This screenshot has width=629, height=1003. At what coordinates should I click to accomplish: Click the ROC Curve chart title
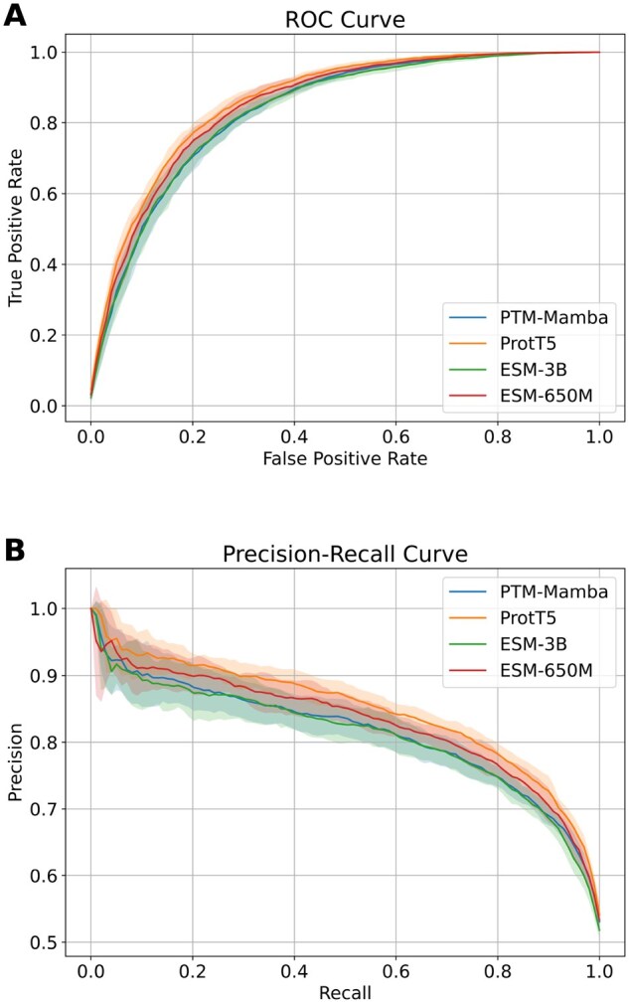(x=344, y=19)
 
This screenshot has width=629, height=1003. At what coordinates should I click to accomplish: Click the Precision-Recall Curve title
(x=344, y=553)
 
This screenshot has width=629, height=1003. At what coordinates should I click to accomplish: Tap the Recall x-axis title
(x=344, y=992)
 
